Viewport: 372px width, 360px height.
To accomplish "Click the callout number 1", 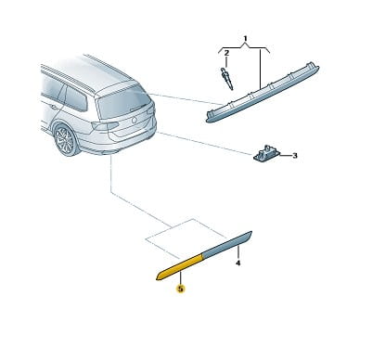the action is click(x=245, y=39).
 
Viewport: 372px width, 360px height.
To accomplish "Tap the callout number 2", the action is click(x=226, y=53).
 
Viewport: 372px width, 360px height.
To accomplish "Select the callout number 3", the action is click(x=295, y=155).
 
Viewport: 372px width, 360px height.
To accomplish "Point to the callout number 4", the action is click(x=237, y=264).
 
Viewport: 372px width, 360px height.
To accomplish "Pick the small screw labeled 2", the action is click(x=226, y=79).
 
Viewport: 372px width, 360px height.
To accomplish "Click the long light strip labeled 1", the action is click(x=263, y=93).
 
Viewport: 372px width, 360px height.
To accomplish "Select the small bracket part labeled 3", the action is click(x=266, y=154).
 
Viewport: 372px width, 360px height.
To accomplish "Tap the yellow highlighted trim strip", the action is click(x=179, y=267).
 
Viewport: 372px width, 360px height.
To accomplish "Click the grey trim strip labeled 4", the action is click(x=227, y=244).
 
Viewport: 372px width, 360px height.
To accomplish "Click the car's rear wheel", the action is click(x=66, y=140).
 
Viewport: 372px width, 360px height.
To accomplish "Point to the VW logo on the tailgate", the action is click(x=135, y=120).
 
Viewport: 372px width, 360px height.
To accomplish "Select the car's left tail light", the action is click(x=105, y=126).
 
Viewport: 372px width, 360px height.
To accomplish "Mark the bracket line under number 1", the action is click(x=244, y=49).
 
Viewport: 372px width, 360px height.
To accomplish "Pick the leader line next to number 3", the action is click(x=285, y=155).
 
